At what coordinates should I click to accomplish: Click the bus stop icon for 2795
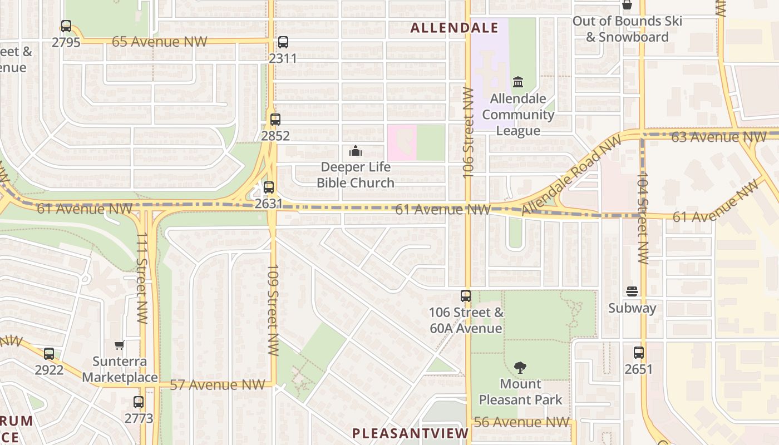click(x=66, y=26)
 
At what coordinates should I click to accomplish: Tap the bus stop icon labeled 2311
click(x=283, y=42)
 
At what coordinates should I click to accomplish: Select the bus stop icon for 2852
click(x=275, y=119)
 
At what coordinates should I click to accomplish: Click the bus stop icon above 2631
click(x=269, y=187)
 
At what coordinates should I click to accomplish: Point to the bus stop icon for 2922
click(x=49, y=353)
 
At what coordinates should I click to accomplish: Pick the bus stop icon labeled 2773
click(x=138, y=402)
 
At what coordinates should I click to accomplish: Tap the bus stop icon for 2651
click(x=638, y=352)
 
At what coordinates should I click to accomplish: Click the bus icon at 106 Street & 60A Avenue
click(x=466, y=296)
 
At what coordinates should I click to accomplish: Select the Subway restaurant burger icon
click(x=632, y=291)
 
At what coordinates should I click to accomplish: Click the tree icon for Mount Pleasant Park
click(x=520, y=367)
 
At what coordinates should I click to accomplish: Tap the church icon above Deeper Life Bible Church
click(x=356, y=151)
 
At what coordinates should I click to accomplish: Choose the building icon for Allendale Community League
click(x=518, y=82)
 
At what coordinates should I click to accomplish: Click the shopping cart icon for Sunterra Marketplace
click(x=119, y=345)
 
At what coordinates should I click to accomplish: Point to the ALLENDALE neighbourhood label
click(x=454, y=28)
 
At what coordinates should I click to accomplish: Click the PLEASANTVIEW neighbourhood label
click(x=411, y=433)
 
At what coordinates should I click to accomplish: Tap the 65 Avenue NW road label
click(x=159, y=42)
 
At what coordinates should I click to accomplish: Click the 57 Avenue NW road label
click(x=217, y=385)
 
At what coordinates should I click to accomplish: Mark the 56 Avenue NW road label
click(x=521, y=422)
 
